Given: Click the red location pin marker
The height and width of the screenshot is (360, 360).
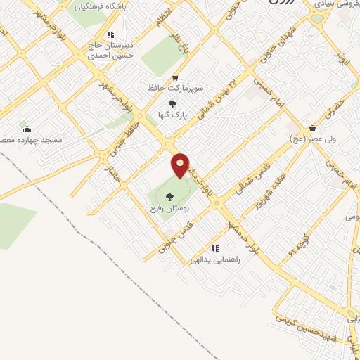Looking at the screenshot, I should click(181, 165).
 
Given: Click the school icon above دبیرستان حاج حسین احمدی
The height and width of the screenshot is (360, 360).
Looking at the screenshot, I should click(110, 34).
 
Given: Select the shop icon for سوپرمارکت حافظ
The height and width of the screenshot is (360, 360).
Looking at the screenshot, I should click(174, 78).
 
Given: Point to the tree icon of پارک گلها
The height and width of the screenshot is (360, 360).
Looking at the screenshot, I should click(173, 104).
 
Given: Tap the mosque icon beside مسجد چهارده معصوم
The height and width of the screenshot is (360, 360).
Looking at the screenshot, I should click(27, 129).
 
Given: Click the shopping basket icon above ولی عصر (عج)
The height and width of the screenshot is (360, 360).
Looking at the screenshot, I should click(312, 129).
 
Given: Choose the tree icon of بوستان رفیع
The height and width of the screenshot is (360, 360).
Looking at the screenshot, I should click(169, 197).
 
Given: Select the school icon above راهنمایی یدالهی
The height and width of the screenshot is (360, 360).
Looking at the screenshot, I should click(215, 248).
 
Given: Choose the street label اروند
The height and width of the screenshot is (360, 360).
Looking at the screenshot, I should click(340, 58).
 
